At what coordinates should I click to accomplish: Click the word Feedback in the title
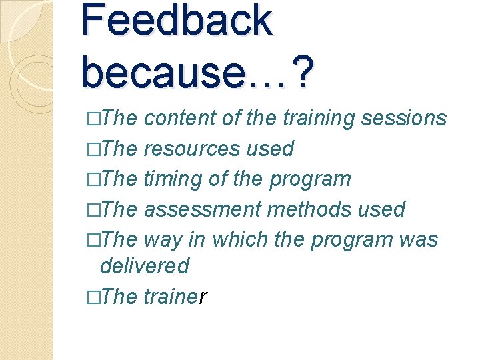tap(177, 20)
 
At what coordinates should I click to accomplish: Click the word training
tap(318, 118)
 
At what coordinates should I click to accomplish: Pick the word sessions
tap(403, 118)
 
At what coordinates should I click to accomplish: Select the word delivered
tap(144, 266)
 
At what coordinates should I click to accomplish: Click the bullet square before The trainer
tap(92, 297)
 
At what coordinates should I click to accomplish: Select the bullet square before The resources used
tap(92, 149)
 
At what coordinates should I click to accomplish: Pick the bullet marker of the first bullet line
tap(92, 119)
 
